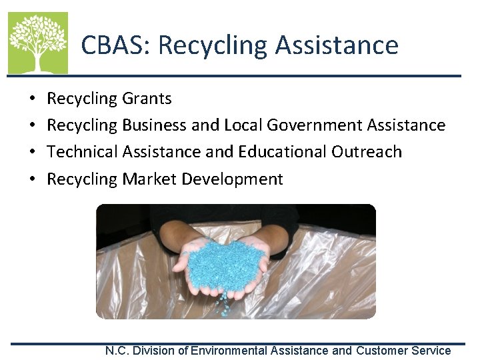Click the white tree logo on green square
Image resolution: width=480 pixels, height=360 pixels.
(38, 43)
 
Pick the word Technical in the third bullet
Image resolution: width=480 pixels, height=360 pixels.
(83, 152)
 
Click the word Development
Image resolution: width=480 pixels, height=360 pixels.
(232, 179)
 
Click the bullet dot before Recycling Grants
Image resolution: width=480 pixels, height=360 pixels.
(33, 99)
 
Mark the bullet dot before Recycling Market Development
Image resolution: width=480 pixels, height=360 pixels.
(33, 179)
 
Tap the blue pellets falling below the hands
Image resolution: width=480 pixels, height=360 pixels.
(227, 305)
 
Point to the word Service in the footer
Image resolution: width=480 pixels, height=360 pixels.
(432, 351)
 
